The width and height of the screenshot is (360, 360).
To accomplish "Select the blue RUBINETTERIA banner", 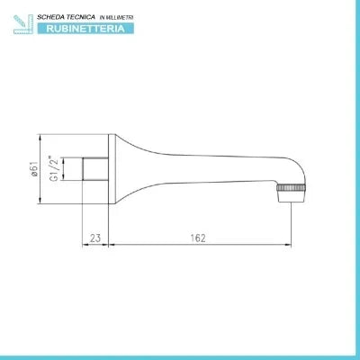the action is click(x=85, y=29).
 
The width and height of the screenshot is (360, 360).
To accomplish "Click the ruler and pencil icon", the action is click(x=23, y=24).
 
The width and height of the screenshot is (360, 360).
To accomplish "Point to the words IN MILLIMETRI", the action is click(x=116, y=18).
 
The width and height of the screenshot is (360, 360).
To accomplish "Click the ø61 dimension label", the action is click(x=35, y=169).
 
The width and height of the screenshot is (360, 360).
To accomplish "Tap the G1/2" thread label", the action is click(x=55, y=168).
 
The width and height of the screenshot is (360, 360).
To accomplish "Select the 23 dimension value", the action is click(x=95, y=238).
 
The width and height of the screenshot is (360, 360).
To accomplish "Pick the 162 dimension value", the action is click(x=198, y=238).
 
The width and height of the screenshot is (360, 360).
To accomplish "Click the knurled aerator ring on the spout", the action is click(x=291, y=188).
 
